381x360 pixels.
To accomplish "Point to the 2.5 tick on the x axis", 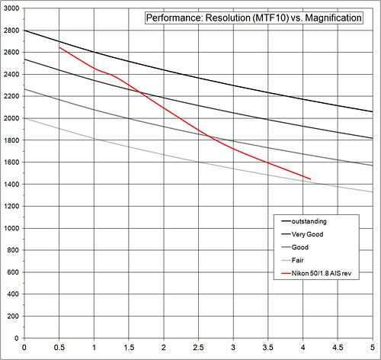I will pyautogui.click(x=198, y=348).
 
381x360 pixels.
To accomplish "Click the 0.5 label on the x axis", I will pyautogui.click(x=59, y=348).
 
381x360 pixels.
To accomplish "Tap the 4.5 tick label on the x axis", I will pyautogui.click(x=337, y=348).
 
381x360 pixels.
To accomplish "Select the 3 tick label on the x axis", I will pyautogui.click(x=233, y=348).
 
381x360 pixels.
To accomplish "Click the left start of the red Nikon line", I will pyautogui.click(x=59, y=47).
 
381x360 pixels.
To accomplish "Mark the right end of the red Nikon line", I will pyautogui.click(x=310, y=179).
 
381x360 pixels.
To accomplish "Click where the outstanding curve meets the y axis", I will pyautogui.click(x=25, y=31).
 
